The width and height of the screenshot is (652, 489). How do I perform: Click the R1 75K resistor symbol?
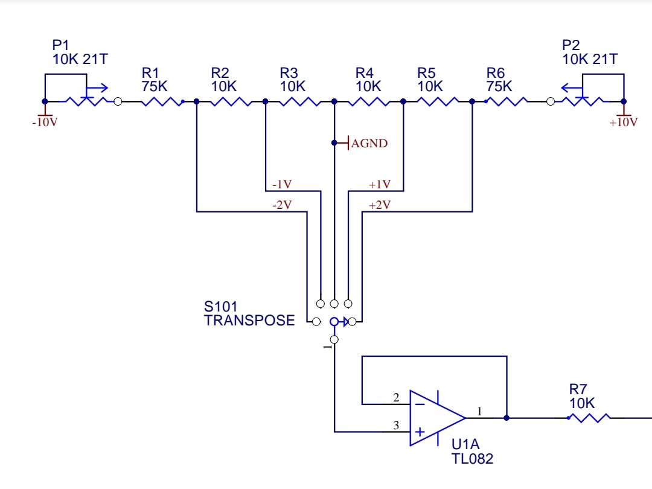click(162, 101)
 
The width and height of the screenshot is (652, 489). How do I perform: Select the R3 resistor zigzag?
click(300, 101)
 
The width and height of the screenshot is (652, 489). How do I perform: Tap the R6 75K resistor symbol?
click(507, 101)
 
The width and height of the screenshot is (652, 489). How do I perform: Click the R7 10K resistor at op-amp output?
click(589, 418)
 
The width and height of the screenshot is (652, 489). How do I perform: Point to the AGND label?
click(369, 144)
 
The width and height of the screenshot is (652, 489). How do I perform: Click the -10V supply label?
click(45, 122)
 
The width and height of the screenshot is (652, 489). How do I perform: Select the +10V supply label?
click(623, 122)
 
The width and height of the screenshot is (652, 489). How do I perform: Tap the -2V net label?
click(282, 205)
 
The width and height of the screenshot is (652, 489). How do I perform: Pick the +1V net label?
click(380, 184)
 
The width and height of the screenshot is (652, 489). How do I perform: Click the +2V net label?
click(380, 205)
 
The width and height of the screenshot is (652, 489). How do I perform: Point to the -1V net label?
click(282, 184)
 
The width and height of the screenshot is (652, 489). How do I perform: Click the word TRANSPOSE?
click(249, 321)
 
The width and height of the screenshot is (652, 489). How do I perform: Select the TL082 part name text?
click(472, 459)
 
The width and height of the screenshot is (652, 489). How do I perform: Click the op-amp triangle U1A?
click(436, 418)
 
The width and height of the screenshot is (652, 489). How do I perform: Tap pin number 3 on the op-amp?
click(396, 425)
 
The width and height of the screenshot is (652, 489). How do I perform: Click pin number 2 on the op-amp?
click(396, 397)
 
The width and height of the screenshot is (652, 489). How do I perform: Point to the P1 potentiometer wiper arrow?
click(97, 88)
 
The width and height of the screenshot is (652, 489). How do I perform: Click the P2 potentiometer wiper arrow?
click(572, 88)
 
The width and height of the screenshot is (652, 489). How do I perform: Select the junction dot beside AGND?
click(334, 143)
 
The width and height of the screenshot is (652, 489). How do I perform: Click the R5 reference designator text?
click(426, 73)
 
